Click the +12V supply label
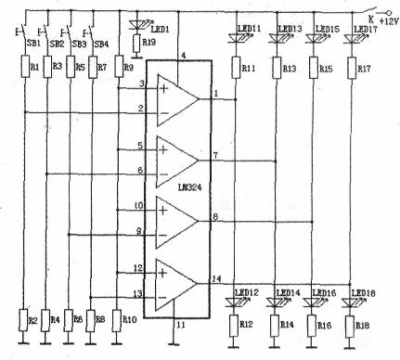tap(381, 19)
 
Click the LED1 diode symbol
tap(138, 22)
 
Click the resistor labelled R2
tap(25, 319)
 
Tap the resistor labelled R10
tap(118, 319)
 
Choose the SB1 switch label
tap(31, 44)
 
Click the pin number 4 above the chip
tap(183, 56)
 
